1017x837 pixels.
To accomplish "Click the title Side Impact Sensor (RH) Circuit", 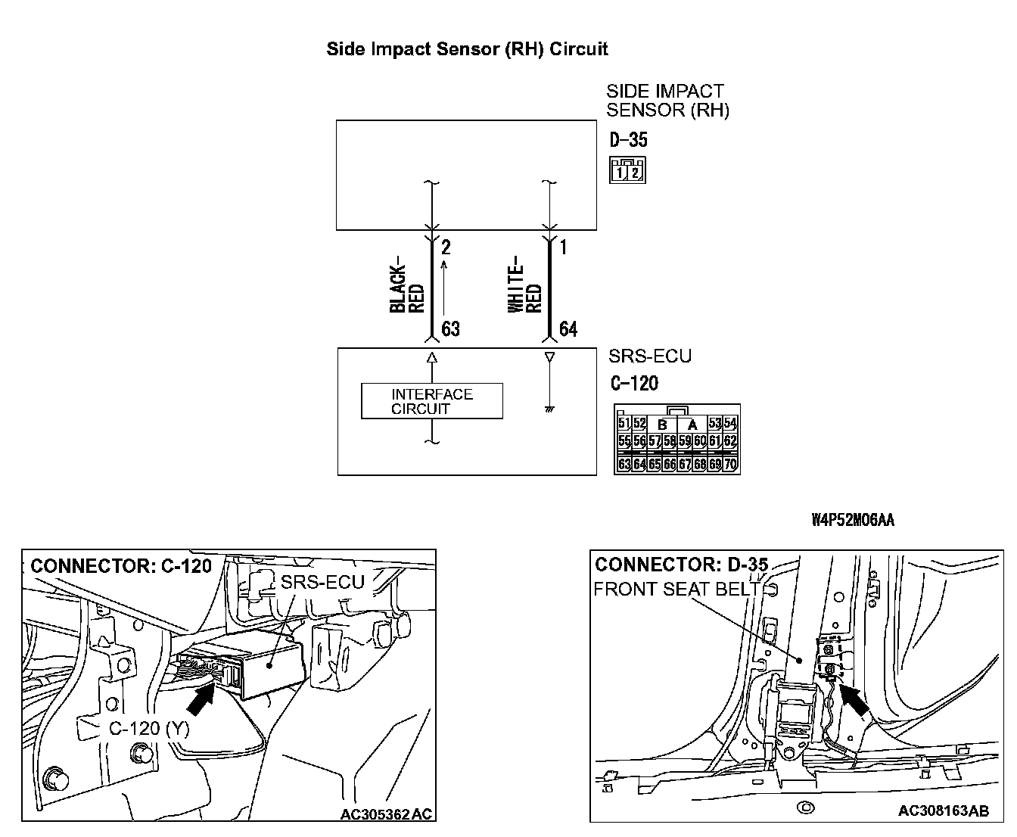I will click(467, 49).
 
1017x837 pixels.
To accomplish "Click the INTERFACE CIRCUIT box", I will click(431, 401).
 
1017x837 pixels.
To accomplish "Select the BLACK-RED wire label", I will click(407, 288).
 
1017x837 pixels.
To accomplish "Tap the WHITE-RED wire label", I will click(524, 288).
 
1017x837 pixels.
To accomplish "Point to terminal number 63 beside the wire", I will click(450, 329).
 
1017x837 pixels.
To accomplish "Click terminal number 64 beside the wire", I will click(568, 329).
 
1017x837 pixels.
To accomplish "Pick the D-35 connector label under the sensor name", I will click(628, 140).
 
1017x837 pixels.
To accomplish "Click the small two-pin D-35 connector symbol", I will click(627, 170).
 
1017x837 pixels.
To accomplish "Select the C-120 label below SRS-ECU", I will click(633, 383).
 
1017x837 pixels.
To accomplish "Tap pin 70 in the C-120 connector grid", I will click(730, 464).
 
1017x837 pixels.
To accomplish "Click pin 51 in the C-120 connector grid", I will click(624, 423).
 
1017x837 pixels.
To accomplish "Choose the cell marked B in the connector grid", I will click(662, 425).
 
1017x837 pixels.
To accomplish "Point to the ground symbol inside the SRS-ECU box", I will click(549, 409).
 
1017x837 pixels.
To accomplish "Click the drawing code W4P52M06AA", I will click(853, 520).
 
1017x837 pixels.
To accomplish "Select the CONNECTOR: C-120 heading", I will click(121, 566).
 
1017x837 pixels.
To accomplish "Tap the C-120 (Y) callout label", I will click(149, 728).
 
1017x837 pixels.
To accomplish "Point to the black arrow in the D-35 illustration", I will click(855, 699).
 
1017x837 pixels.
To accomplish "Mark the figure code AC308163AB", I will click(943, 811).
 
